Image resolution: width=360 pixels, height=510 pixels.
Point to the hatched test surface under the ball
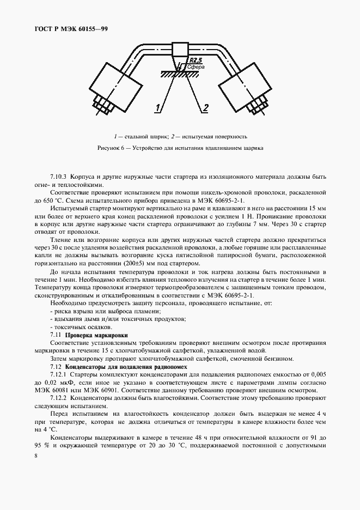[180, 73]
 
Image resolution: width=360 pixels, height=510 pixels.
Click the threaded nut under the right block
[257, 104]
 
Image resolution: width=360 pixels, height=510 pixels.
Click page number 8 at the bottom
[36, 453]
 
